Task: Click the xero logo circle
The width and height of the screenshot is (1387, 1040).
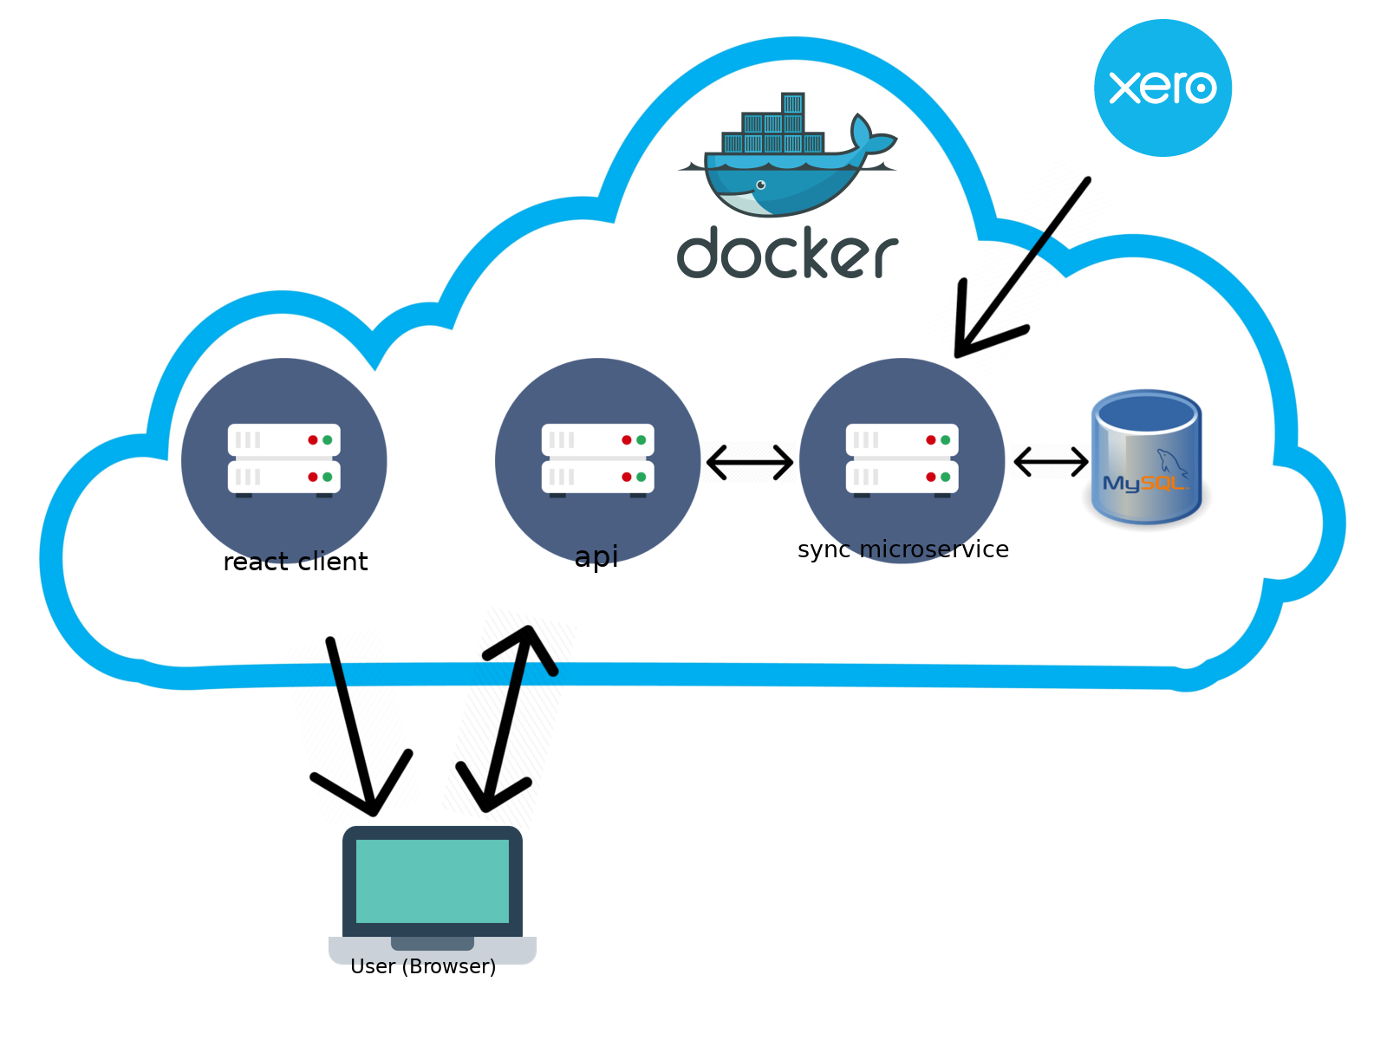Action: pos(1162,88)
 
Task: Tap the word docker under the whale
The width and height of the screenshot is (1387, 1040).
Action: pos(787,253)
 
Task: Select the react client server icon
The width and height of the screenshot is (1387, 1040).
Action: pos(283,459)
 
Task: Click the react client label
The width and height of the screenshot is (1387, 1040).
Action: pos(296,562)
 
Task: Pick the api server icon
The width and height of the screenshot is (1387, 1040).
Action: pos(597,459)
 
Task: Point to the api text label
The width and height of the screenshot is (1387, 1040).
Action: pos(596,556)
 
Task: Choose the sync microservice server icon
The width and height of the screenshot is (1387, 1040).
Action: pos(902,459)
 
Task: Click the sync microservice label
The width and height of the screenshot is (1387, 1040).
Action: pos(902,549)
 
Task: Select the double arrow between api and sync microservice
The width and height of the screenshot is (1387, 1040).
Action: pos(750,462)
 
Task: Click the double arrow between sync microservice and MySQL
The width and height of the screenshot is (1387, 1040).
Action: pos(1051,461)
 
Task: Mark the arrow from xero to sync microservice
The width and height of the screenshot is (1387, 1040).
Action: pos(1001,296)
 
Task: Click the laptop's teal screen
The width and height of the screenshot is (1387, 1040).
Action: pos(432,881)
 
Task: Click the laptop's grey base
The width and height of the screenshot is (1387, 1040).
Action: pos(433,951)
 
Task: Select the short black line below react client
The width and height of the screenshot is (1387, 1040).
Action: pos(336,663)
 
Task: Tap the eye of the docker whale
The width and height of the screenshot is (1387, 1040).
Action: pos(761,185)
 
